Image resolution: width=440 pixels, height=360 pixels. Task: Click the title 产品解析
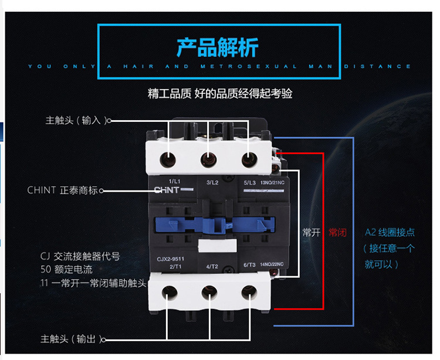tap(218, 47)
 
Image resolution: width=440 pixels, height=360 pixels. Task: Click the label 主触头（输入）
tap(77, 120)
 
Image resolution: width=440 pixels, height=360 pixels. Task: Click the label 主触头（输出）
tap(72, 339)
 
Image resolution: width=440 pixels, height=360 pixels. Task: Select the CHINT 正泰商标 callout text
tap(63, 191)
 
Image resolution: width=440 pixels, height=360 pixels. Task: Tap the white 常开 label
tap(311, 232)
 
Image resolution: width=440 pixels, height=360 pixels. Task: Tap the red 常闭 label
tap(337, 232)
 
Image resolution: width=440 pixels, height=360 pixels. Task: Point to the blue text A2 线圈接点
tap(390, 232)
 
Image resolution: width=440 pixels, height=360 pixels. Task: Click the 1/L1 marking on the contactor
tap(174, 182)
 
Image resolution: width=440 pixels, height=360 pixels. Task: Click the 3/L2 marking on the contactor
tap(212, 182)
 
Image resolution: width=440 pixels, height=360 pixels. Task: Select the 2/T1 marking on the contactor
tap(174, 266)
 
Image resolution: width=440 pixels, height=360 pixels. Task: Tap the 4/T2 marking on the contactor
tap(212, 267)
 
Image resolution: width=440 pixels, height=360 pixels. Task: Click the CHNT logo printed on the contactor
tap(165, 190)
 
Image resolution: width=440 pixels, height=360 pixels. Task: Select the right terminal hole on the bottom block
tap(248, 291)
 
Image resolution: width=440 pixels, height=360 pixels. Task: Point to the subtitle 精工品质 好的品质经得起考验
tap(220, 93)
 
